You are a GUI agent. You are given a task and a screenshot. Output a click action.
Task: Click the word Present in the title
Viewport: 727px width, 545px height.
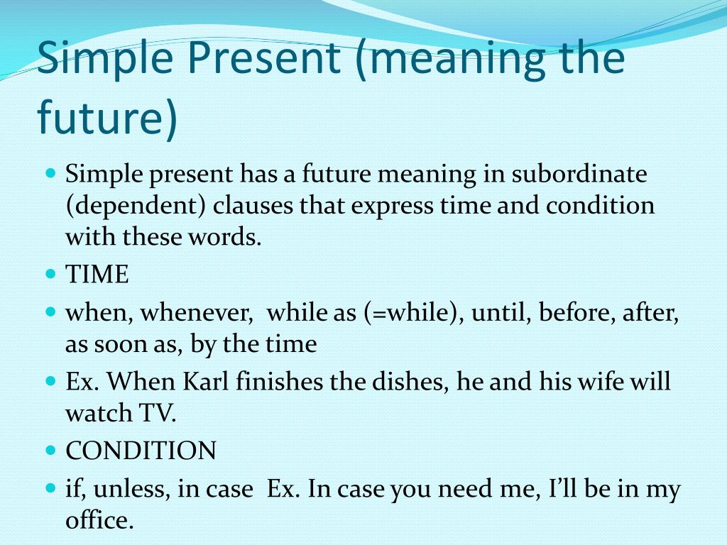(263, 58)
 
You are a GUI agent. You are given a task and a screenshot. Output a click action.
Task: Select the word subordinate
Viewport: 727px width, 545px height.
(579, 175)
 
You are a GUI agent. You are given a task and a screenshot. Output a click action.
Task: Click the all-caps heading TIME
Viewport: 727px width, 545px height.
(97, 274)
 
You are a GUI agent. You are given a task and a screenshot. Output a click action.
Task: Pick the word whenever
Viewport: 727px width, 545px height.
(197, 313)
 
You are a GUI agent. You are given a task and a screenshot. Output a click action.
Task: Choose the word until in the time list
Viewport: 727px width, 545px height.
(501, 313)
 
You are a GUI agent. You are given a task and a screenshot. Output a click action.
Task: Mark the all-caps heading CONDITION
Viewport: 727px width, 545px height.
(141, 451)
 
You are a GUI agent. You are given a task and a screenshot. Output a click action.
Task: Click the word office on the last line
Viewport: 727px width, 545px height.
(99, 520)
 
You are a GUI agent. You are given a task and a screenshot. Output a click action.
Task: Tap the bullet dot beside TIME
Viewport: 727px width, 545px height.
(51, 273)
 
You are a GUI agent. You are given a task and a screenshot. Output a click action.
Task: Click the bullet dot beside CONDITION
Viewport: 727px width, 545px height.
(51, 450)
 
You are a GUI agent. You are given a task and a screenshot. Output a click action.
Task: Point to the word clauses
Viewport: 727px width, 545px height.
(253, 206)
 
